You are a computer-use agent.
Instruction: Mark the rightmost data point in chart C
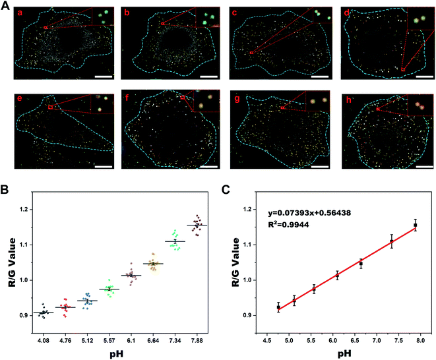click(x=416, y=225)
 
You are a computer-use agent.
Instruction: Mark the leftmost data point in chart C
click(x=278, y=307)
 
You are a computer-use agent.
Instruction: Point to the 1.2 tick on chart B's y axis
click(x=23, y=210)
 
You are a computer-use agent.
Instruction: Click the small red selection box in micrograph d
click(x=402, y=69)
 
